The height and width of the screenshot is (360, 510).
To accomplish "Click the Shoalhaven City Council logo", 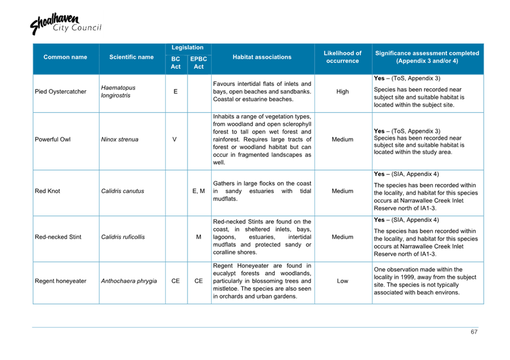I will pyautogui.click(x=56, y=24).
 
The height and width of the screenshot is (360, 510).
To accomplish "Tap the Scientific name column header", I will pyautogui.click(x=131, y=57).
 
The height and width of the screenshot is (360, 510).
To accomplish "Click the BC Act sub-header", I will pyautogui.click(x=176, y=63).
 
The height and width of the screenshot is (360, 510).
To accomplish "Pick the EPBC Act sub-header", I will pyautogui.click(x=198, y=63).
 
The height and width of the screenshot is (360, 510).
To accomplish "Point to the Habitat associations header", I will pyautogui.click(x=262, y=57).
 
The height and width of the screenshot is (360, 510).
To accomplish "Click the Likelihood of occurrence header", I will pyautogui.click(x=342, y=57).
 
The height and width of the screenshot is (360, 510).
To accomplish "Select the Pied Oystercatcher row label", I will pyautogui.click(x=61, y=92).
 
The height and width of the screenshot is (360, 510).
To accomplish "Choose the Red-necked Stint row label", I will pyautogui.click(x=58, y=237).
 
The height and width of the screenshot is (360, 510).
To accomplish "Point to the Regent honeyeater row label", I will pyautogui.click(x=61, y=281).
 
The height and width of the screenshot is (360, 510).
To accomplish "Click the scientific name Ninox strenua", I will pyautogui.click(x=119, y=139).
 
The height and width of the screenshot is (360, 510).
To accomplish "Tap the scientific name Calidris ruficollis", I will pyautogui.click(x=123, y=237).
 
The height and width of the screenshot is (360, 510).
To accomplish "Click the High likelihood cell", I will pyautogui.click(x=342, y=92).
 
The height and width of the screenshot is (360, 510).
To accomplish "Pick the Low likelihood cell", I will pyautogui.click(x=342, y=281).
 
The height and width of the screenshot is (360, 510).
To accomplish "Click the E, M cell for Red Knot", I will pyautogui.click(x=198, y=191).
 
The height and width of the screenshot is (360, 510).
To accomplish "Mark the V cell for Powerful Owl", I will pyautogui.click(x=174, y=139).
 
